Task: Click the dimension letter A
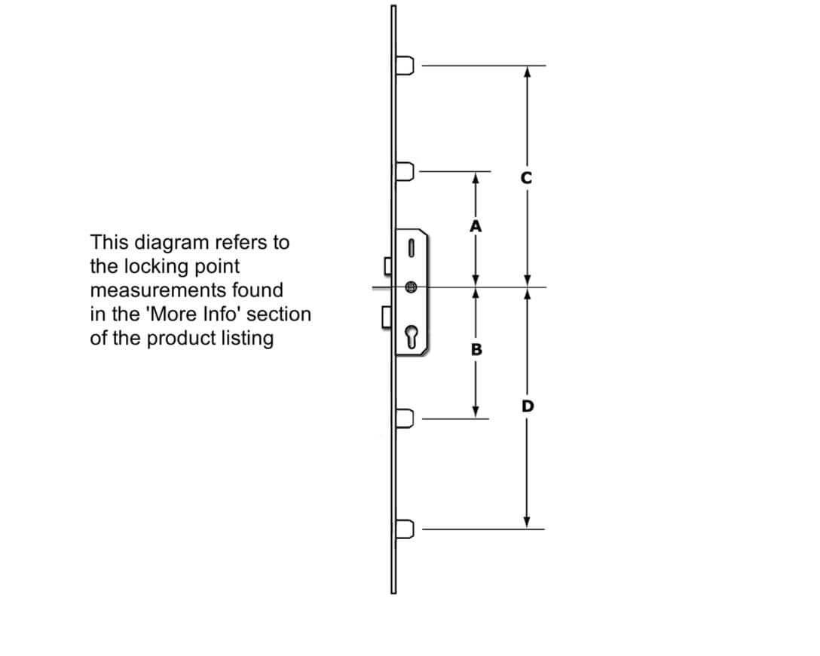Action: click(476, 226)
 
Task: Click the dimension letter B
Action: click(476, 349)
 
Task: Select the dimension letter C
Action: click(526, 179)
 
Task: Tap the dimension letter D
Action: click(528, 406)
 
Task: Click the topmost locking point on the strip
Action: click(405, 66)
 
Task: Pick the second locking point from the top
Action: click(405, 171)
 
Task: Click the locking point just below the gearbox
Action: click(405, 418)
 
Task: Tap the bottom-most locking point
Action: click(405, 529)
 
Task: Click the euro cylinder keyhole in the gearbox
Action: click(411, 336)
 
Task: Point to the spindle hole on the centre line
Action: click(411, 287)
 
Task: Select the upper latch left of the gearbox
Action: click(388, 265)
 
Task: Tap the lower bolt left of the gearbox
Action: click(387, 317)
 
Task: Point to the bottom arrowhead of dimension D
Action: click(527, 522)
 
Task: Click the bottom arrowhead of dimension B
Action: click(476, 412)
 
